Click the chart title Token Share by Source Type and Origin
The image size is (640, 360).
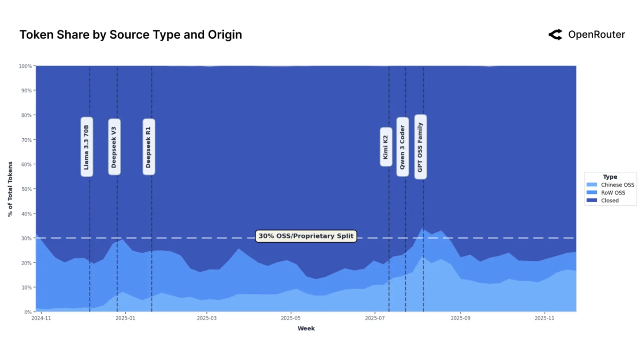click(x=131, y=35)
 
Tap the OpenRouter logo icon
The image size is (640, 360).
click(x=555, y=35)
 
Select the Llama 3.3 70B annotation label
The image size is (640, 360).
click(x=87, y=147)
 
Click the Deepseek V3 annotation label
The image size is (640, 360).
click(x=114, y=147)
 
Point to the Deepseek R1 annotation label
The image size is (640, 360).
click(x=149, y=147)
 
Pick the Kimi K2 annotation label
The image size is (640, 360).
click(x=386, y=147)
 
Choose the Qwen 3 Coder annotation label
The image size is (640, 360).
click(x=403, y=147)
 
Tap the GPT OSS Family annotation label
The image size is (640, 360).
click(x=420, y=147)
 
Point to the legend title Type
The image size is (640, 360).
click(x=610, y=177)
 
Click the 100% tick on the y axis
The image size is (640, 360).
click(x=26, y=66)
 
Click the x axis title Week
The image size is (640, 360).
click(x=306, y=329)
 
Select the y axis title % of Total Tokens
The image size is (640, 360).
click(x=10, y=189)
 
